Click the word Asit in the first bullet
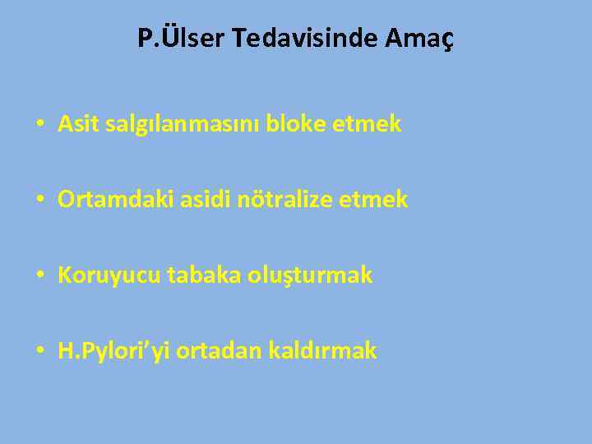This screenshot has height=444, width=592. (x=76, y=124)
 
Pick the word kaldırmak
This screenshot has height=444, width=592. (x=321, y=351)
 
